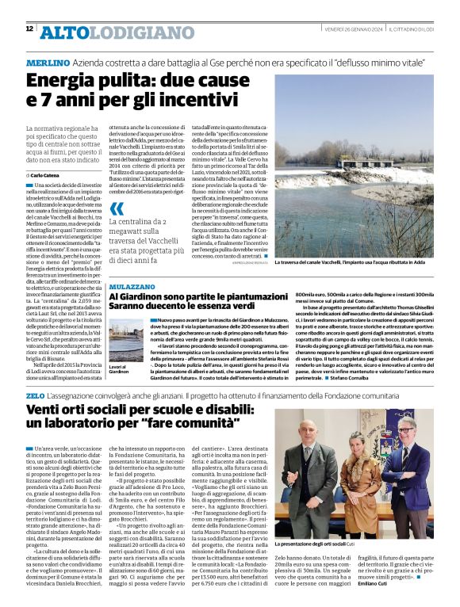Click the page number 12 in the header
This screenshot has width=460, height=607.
click(29, 29)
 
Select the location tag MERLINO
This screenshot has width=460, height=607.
click(47, 62)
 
